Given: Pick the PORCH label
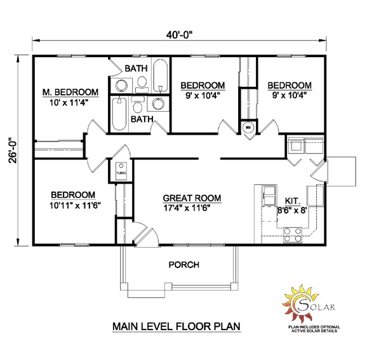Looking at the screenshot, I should [x=184, y=264].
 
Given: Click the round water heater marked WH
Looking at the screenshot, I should [x=249, y=127].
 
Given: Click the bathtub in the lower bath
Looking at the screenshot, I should [x=119, y=114].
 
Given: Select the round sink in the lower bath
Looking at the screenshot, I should [x=158, y=104].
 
